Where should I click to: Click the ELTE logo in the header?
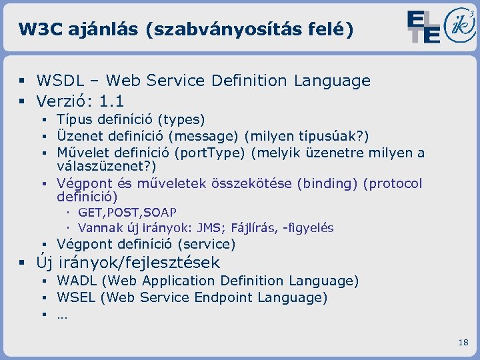(x=424, y=27)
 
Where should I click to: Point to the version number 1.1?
(x=111, y=101)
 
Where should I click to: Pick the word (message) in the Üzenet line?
(x=203, y=137)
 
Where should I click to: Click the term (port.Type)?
(x=210, y=153)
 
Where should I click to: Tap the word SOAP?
(x=161, y=213)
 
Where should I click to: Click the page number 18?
(x=463, y=343)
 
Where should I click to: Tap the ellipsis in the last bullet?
(x=62, y=315)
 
